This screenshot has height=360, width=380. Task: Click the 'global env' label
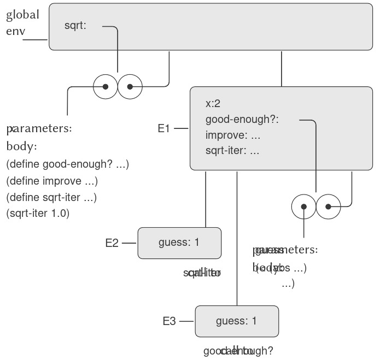[x=22, y=22]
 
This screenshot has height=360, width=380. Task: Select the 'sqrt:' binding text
[x=75, y=25]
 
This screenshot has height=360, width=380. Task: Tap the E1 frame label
[x=164, y=129]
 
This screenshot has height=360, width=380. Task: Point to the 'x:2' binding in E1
[x=213, y=104]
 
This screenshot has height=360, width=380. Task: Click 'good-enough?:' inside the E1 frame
[x=242, y=120]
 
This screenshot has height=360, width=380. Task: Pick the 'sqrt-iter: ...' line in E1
[x=232, y=151]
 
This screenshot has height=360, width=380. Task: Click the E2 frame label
[x=112, y=243]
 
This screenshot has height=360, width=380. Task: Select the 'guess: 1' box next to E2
[x=179, y=243]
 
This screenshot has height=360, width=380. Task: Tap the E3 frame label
[x=169, y=321]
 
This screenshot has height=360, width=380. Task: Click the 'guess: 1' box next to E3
[x=236, y=321]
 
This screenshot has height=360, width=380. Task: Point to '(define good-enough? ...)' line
[x=67, y=164]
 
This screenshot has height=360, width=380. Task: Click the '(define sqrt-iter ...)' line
[x=55, y=197]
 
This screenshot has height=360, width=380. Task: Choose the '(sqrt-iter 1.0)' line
[x=38, y=213]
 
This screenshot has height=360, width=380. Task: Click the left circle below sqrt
[x=106, y=86]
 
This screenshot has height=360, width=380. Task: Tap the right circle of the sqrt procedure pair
[x=130, y=86]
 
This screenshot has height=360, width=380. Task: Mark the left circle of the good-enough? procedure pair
[x=304, y=207]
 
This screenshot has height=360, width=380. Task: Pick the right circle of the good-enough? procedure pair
[x=328, y=207]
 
